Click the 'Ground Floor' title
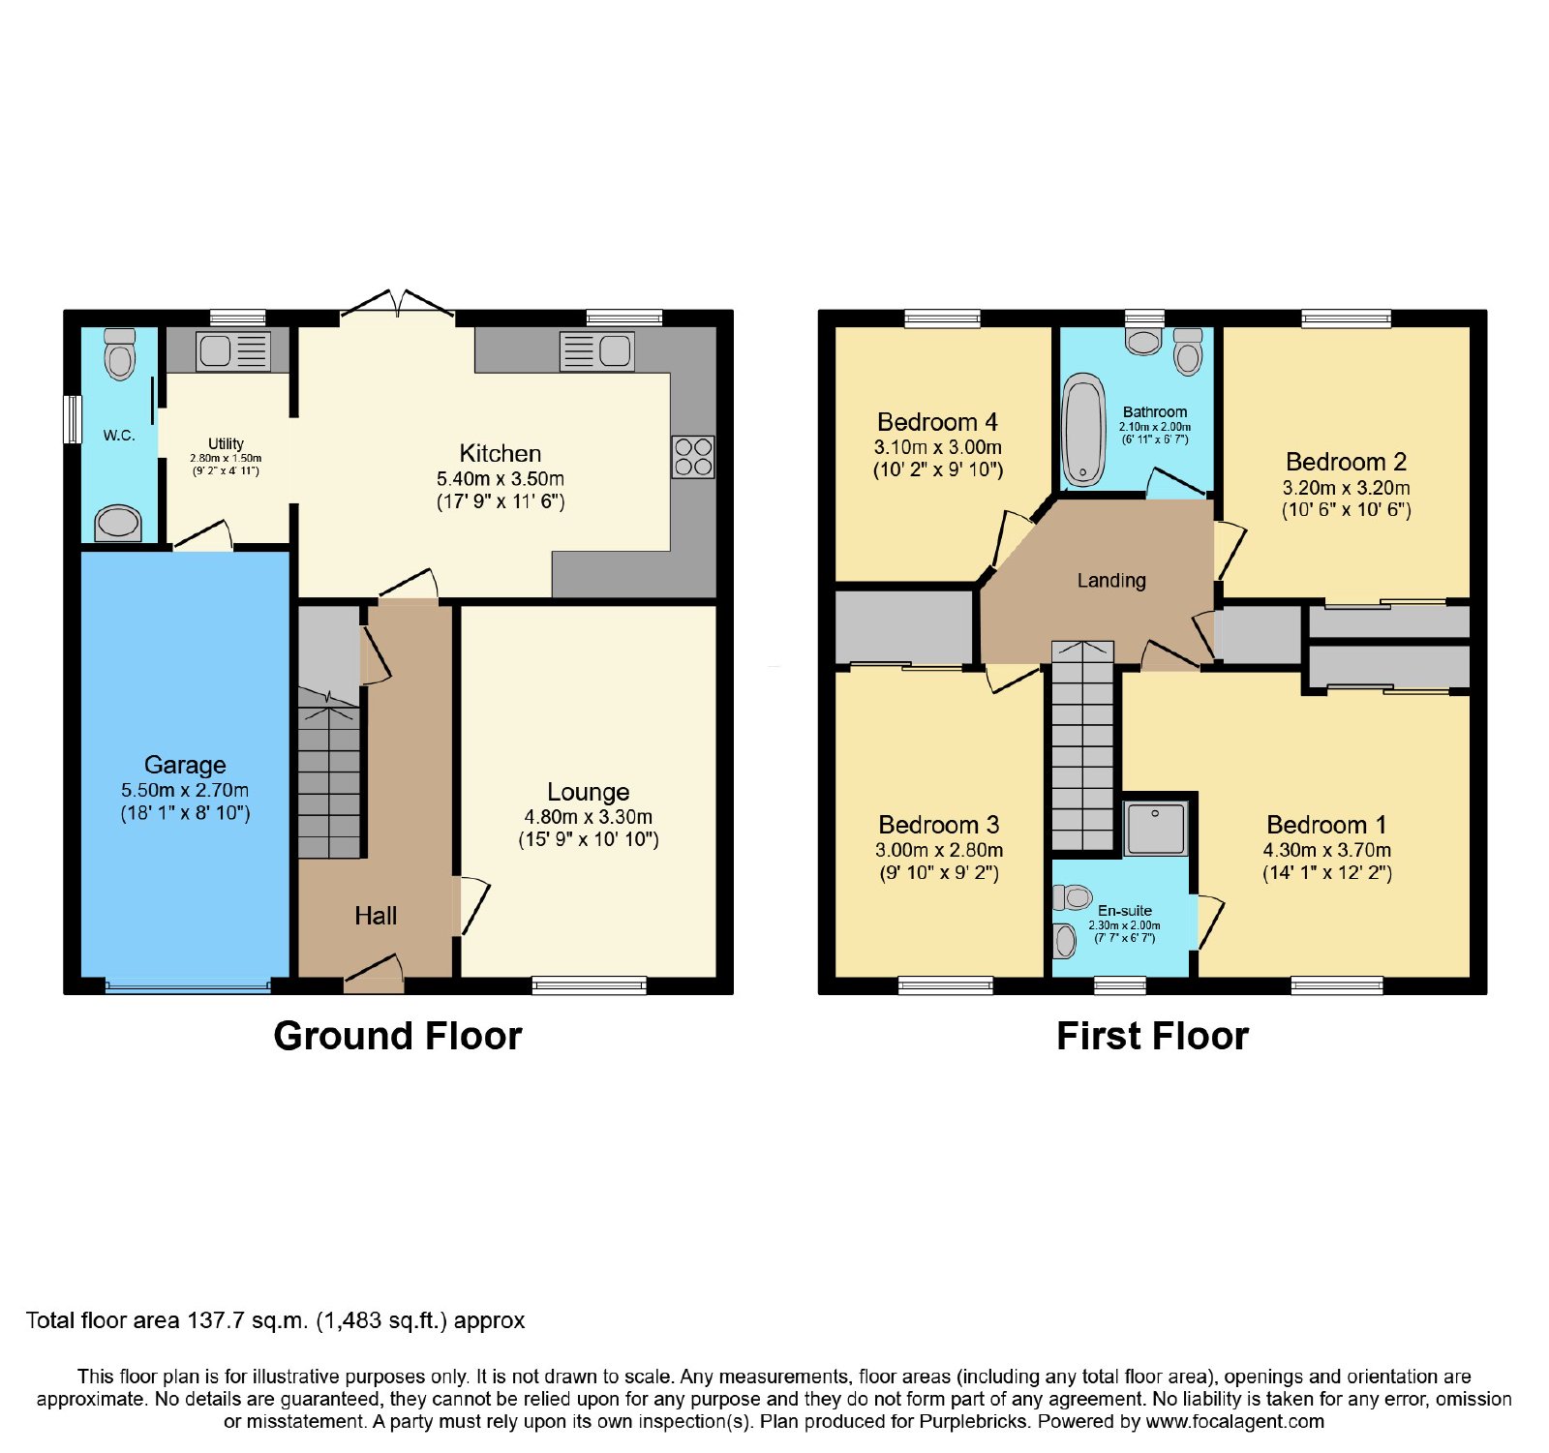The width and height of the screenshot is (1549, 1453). point(398,1036)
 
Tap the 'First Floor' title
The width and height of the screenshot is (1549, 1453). point(1152,1036)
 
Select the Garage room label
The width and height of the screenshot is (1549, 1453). point(185,765)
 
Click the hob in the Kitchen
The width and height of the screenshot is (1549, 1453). point(693,457)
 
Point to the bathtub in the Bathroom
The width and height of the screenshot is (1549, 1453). point(1084,430)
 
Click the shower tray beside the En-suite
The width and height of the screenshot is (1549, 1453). point(1155,829)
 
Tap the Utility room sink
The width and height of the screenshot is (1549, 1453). point(233,351)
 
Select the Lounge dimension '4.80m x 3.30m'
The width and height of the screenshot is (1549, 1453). point(589,817)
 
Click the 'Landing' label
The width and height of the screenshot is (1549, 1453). point(1111,581)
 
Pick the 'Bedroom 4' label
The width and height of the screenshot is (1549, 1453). point(937,422)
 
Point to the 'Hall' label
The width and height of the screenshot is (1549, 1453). point(376,916)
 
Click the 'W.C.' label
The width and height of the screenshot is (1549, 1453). point(119,436)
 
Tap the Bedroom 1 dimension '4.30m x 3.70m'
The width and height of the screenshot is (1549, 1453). point(1327,850)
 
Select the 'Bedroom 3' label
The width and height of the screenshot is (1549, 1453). point(939,825)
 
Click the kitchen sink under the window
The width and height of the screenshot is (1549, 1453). point(597,350)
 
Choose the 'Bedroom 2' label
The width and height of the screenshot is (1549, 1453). point(1347,462)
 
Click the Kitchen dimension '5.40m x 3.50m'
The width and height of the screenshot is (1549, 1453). point(501,479)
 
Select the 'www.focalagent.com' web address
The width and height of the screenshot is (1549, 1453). point(1235,1422)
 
